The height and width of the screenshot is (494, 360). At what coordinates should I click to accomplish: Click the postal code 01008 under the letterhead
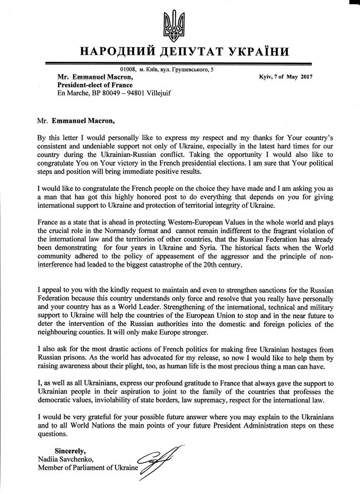point(128,68)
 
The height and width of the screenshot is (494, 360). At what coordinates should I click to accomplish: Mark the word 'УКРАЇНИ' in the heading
point(252,52)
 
